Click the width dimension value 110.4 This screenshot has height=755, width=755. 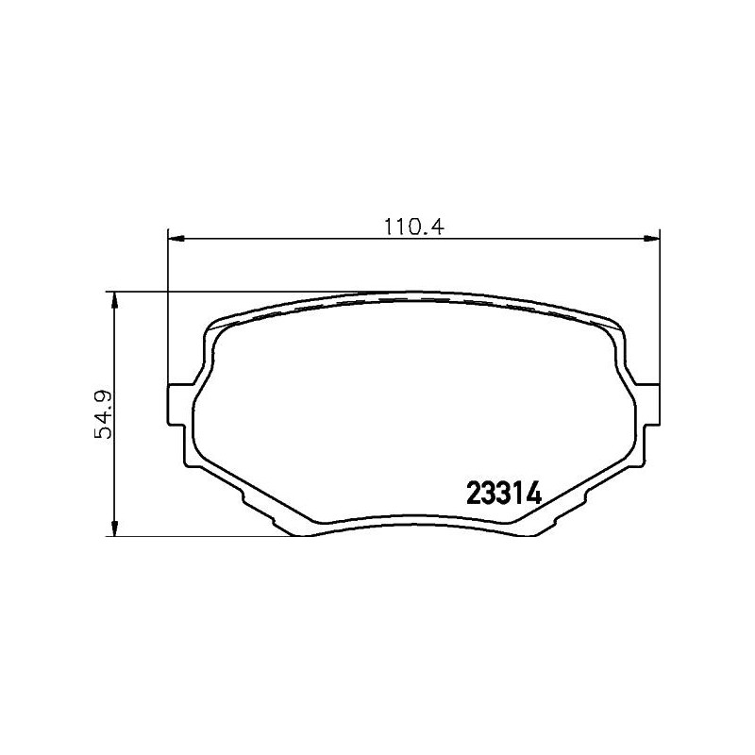point(413,227)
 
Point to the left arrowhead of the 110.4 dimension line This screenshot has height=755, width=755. point(176,240)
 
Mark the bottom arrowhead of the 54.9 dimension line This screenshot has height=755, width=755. point(114,529)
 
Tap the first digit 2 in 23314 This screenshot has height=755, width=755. point(474,494)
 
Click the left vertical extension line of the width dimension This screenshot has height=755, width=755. point(168,311)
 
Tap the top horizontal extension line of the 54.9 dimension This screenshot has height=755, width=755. point(236,292)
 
